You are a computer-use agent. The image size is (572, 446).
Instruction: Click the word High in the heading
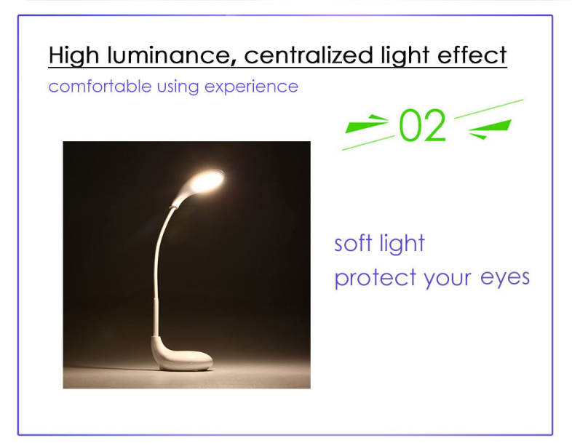[x=74, y=55]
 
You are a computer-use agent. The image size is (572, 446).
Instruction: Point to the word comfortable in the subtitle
[x=100, y=87]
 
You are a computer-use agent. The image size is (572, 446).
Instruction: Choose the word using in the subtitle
[x=178, y=87]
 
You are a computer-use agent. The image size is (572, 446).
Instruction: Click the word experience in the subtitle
[x=251, y=87]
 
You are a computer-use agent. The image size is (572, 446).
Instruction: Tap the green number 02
[x=422, y=125]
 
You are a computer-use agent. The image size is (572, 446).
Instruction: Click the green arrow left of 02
[x=366, y=124]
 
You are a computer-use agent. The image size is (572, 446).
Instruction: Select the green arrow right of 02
[x=490, y=128]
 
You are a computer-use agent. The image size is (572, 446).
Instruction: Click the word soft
[x=353, y=243]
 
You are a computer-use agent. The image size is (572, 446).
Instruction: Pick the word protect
[x=376, y=279]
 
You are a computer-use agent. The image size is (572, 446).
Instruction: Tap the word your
[x=448, y=279]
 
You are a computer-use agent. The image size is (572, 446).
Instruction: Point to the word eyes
[x=505, y=279]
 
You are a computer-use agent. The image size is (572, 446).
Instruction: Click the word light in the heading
[x=405, y=55]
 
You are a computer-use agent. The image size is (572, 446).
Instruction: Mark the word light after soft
[x=402, y=244]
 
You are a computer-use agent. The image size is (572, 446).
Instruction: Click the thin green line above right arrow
[x=489, y=109]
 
